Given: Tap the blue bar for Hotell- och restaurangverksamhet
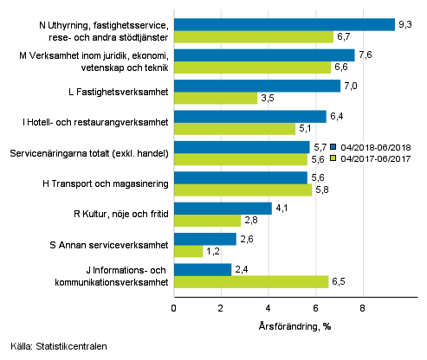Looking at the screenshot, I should click(x=250, y=116).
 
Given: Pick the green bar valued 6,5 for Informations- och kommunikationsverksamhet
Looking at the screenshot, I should click(x=251, y=282).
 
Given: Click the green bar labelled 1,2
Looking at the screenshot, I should click(x=188, y=251).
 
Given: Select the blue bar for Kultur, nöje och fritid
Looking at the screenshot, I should click(x=223, y=209).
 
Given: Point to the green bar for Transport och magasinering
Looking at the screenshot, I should click(x=243, y=190).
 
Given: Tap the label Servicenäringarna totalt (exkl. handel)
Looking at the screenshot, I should click(x=88, y=153).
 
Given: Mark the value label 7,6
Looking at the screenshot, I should click(x=366, y=55).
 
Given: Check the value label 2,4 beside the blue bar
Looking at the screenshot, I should click(x=243, y=270).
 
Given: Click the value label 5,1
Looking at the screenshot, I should click(x=307, y=129).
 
